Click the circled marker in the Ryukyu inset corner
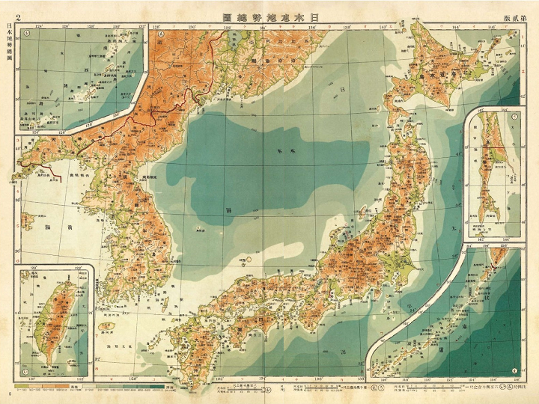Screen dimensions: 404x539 [x=26, y=33]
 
